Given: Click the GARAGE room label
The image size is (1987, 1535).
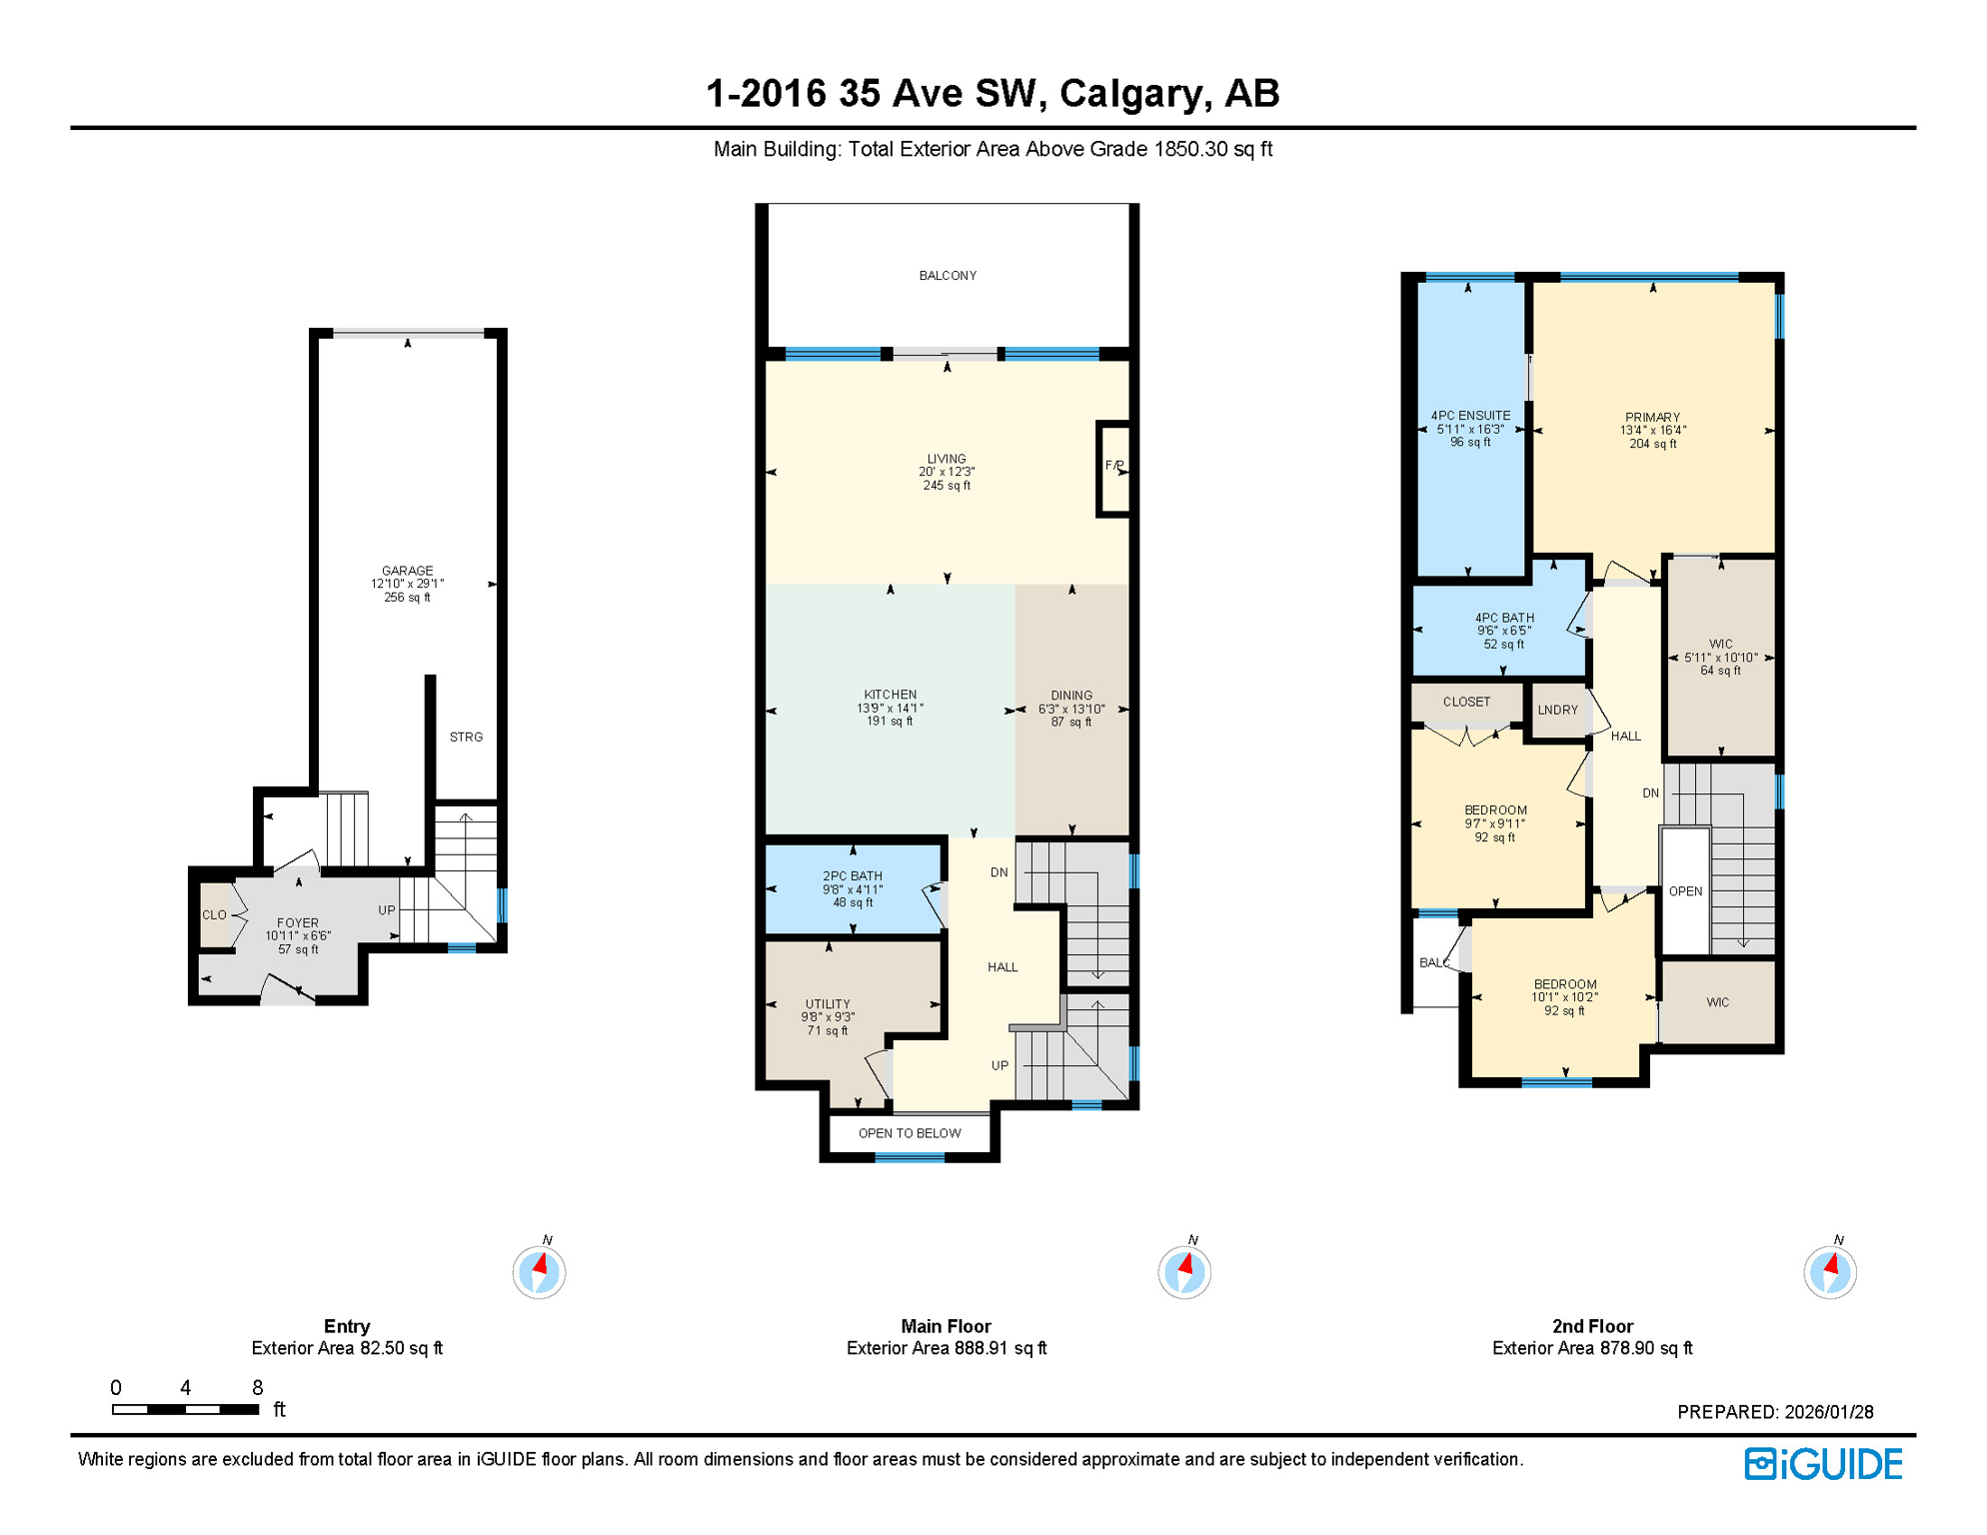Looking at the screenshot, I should [407, 572].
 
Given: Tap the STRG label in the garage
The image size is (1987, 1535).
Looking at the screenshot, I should [466, 738].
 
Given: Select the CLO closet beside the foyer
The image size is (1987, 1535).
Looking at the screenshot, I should [214, 915].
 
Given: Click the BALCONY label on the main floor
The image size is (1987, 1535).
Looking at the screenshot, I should [948, 276].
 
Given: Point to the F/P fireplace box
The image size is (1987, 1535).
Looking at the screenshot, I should [1114, 467].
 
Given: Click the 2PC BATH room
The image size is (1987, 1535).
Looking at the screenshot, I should [853, 889].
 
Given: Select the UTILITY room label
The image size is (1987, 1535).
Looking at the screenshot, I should [828, 1004].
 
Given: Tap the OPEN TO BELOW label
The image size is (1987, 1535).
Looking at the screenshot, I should [910, 1133].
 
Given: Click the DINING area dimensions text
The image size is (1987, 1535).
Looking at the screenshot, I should [1071, 710].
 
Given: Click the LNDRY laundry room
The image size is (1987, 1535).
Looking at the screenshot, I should [1558, 711].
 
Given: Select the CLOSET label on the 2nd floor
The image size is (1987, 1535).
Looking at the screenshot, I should [1466, 703].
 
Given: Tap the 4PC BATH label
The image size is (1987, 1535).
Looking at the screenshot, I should [1504, 619].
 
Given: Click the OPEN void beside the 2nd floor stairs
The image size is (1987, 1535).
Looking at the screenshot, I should [1685, 891].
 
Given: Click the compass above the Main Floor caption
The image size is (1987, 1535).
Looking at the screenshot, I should [1184, 1272].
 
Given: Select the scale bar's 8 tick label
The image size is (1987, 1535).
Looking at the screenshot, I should [258, 1388].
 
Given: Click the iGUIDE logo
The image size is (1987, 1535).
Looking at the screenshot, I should [1824, 1465].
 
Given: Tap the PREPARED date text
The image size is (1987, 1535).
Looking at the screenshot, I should [1775, 1412].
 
